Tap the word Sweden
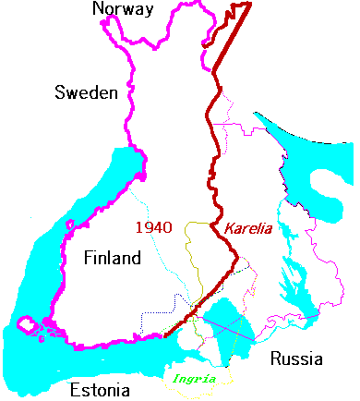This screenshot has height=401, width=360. (x=85, y=92)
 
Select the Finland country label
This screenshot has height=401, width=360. (x=112, y=258)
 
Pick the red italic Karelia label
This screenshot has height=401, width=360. (x=247, y=228)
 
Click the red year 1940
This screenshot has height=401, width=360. (x=154, y=226)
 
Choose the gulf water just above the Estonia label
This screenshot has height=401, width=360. (x=92, y=356)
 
